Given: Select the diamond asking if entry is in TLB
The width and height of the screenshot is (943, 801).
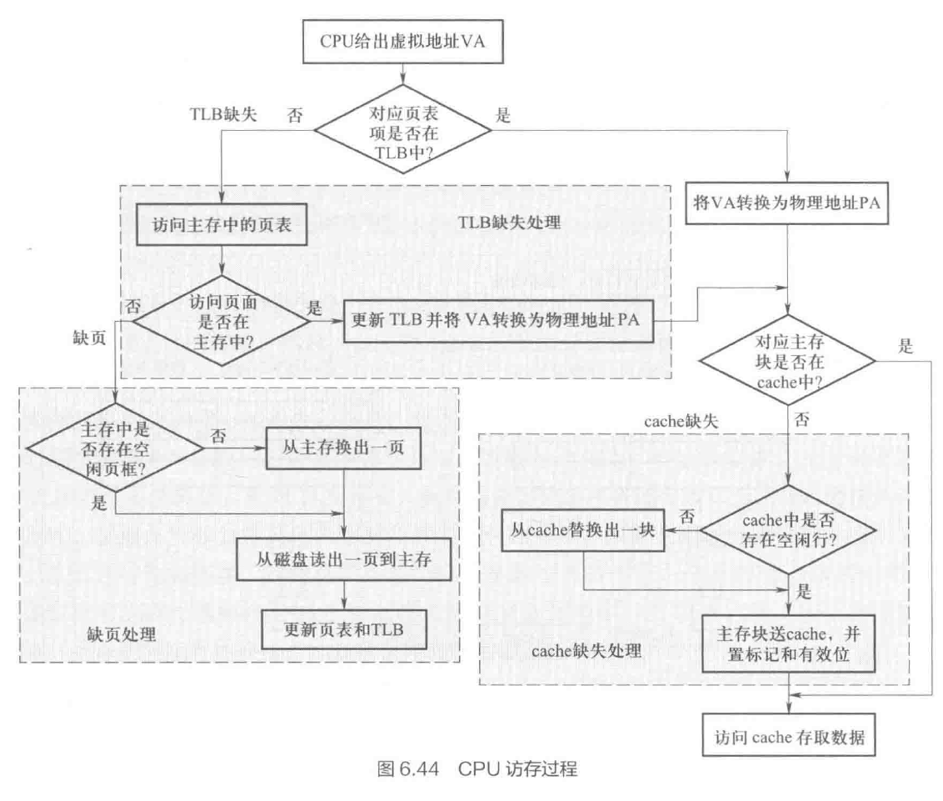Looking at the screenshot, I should [x=402, y=130].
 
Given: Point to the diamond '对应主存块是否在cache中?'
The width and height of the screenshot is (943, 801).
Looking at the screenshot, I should [x=786, y=361].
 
